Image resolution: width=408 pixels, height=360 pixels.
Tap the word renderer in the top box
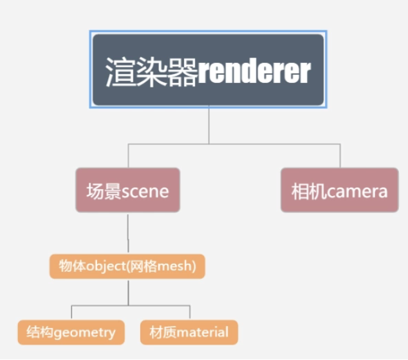(x=254, y=71)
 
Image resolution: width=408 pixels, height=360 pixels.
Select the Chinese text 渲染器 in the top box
(x=151, y=71)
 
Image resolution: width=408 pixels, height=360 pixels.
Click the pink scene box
(x=127, y=190)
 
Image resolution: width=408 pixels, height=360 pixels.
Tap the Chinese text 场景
(x=104, y=191)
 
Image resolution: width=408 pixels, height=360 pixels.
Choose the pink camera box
(x=339, y=190)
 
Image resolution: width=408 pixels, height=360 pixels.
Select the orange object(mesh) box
(x=127, y=266)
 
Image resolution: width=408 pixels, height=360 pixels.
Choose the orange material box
(x=189, y=332)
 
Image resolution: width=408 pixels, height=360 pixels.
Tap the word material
(x=202, y=332)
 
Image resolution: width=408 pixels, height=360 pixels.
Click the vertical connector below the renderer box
(x=209, y=125)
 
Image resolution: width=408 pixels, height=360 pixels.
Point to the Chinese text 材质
(x=162, y=332)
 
